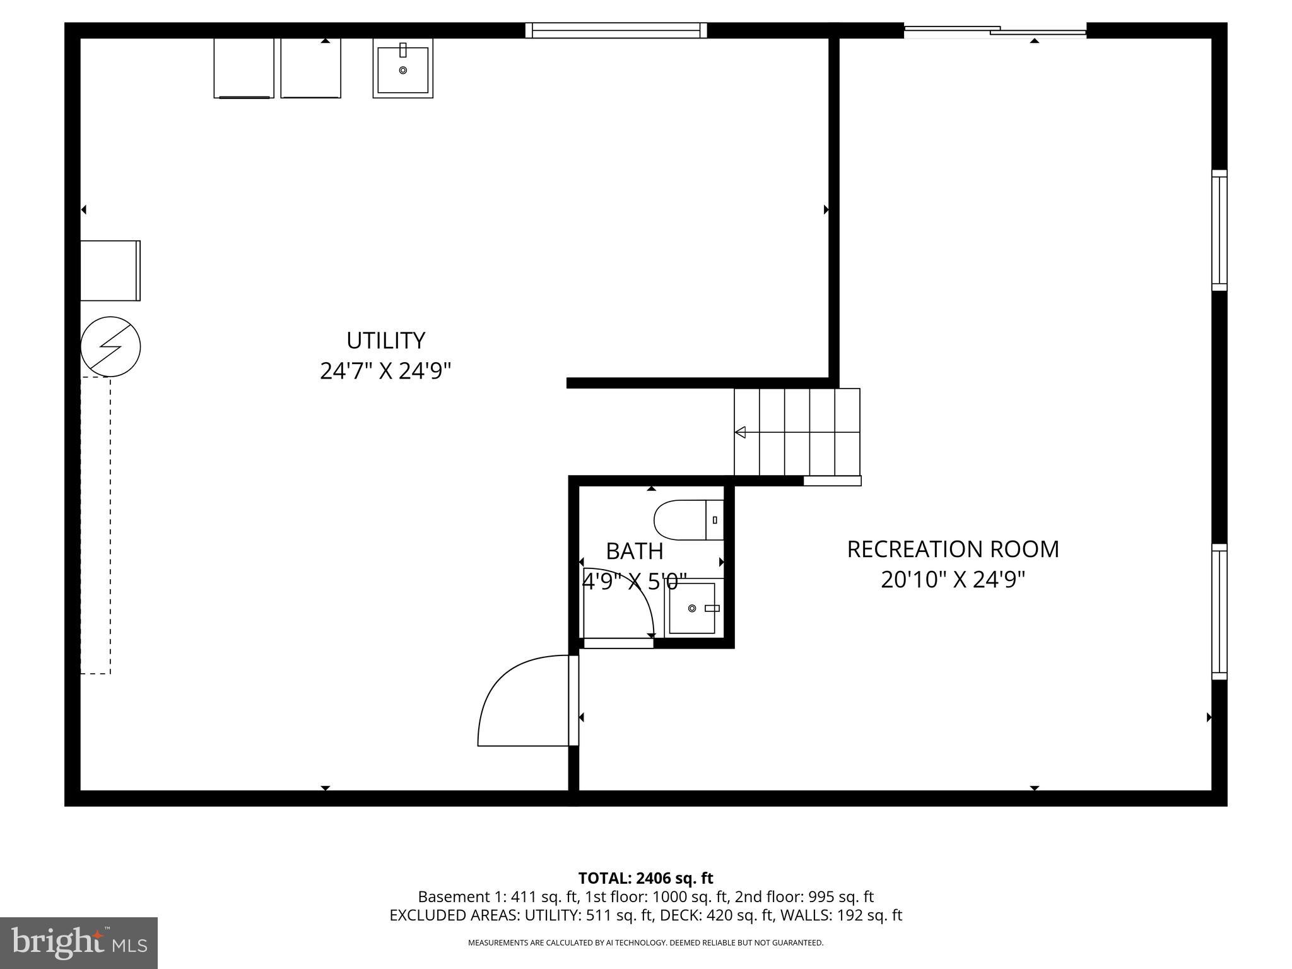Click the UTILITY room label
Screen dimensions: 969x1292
(385, 341)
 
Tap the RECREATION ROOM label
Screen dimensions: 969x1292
(953, 549)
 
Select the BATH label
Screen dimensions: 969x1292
(634, 551)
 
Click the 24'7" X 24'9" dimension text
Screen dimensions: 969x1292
(385, 371)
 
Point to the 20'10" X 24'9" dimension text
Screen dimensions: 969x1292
(953, 580)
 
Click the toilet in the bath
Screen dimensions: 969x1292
(688, 520)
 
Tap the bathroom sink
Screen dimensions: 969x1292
(693, 608)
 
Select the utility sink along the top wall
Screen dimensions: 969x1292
(402, 68)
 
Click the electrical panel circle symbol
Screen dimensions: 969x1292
(110, 346)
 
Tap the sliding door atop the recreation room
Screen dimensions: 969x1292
(995, 30)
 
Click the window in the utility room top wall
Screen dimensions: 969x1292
(616, 30)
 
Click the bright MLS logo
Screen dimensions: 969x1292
(79, 943)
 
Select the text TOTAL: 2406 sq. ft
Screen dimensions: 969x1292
(645, 878)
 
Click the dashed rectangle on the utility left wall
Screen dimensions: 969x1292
(96, 525)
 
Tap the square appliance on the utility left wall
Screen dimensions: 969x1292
(110, 271)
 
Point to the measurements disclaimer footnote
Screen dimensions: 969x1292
(645, 943)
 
